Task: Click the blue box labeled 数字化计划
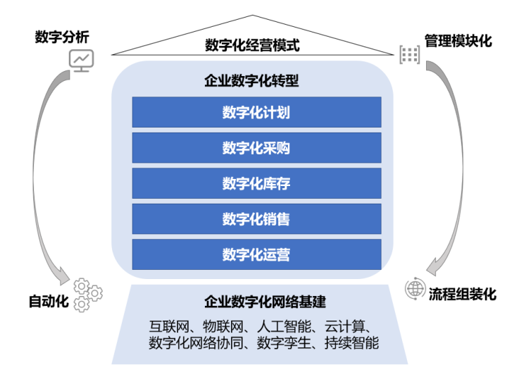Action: tap(256, 112)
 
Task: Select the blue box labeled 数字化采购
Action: tap(256, 148)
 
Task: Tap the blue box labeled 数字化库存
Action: tap(256, 183)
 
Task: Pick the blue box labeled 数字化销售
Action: tap(256, 219)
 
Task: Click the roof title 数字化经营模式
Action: tap(252, 46)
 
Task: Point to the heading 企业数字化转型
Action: tap(252, 81)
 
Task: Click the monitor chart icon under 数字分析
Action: tap(80, 60)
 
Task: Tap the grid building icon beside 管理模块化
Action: tap(409, 54)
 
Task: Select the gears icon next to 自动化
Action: tap(87, 295)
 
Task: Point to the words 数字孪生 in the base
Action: tap(282, 343)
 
